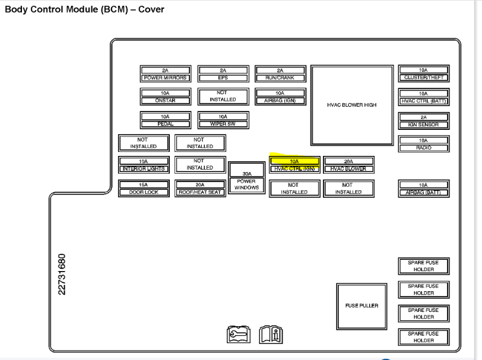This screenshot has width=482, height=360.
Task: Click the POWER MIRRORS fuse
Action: [x=165, y=74]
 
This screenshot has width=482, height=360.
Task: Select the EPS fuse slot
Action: [x=223, y=74]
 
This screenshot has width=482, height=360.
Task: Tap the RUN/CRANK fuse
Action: [x=280, y=74]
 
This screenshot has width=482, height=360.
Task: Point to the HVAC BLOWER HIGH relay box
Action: [x=352, y=105]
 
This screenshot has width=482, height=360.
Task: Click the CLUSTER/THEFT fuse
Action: [x=423, y=74]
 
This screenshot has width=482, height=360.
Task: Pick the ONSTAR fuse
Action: [x=165, y=97]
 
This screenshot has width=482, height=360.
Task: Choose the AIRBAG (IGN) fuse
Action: [x=280, y=97]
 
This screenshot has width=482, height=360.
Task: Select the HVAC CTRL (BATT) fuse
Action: [x=423, y=97]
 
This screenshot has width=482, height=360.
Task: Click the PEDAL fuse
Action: [x=165, y=120]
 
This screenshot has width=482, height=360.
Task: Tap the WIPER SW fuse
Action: [x=223, y=120]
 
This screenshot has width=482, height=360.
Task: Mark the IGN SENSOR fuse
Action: [x=423, y=121]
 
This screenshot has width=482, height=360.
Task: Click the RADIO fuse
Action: [x=423, y=144]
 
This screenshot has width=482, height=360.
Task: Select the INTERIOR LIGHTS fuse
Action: [x=144, y=165]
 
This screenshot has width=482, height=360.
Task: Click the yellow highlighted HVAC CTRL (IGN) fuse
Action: [x=294, y=165]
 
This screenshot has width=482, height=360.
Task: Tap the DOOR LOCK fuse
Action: [x=144, y=189]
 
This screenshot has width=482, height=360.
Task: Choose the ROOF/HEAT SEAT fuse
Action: [x=200, y=189]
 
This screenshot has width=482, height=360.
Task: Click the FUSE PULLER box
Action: [x=361, y=306]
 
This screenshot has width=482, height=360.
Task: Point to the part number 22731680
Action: [x=61, y=274]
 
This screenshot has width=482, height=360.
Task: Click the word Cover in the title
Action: [x=151, y=9]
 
